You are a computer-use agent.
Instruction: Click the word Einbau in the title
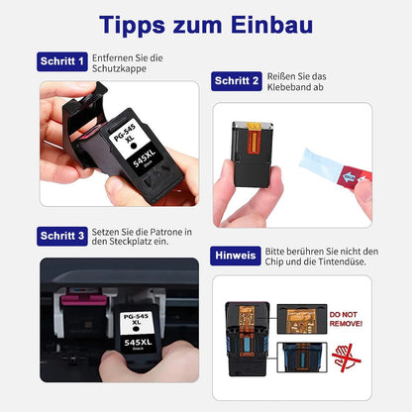(271, 25)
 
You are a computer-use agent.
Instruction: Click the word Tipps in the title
(132, 26)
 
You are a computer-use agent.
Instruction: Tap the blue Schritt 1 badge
(62, 61)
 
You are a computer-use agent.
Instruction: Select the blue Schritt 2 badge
(237, 81)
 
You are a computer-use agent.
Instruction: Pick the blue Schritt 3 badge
(62, 236)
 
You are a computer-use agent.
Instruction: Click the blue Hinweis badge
(236, 256)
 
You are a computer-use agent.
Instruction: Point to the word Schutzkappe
(119, 68)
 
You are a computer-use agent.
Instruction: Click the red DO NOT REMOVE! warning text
(346, 319)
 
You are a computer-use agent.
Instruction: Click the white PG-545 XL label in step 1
(129, 139)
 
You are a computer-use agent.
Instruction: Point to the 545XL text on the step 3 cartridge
(138, 343)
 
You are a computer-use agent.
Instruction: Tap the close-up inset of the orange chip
(302, 319)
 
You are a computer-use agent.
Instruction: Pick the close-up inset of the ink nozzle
(302, 358)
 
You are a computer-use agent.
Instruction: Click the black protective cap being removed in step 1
(84, 123)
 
